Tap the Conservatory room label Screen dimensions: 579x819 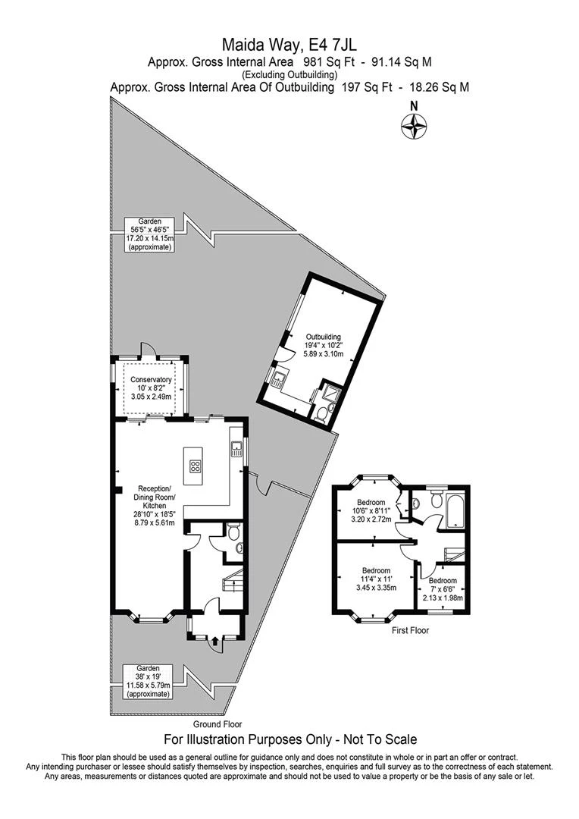click(x=151, y=388)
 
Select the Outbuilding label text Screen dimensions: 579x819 click(x=324, y=345)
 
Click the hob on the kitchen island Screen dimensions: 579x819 click(x=196, y=466)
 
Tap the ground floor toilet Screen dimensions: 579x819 click(x=233, y=531)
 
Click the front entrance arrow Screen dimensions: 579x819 click(x=214, y=642)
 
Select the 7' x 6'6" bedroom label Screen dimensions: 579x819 click(x=443, y=589)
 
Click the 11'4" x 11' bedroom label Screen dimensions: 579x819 click(x=376, y=579)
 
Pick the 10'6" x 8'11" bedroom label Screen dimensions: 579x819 click(x=371, y=511)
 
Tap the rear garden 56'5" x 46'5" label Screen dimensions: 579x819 click(x=149, y=234)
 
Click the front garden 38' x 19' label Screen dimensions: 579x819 click(x=148, y=681)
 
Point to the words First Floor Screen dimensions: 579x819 click(x=410, y=630)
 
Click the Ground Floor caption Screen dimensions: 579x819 click(x=218, y=724)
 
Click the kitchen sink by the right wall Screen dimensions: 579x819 click(x=236, y=449)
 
